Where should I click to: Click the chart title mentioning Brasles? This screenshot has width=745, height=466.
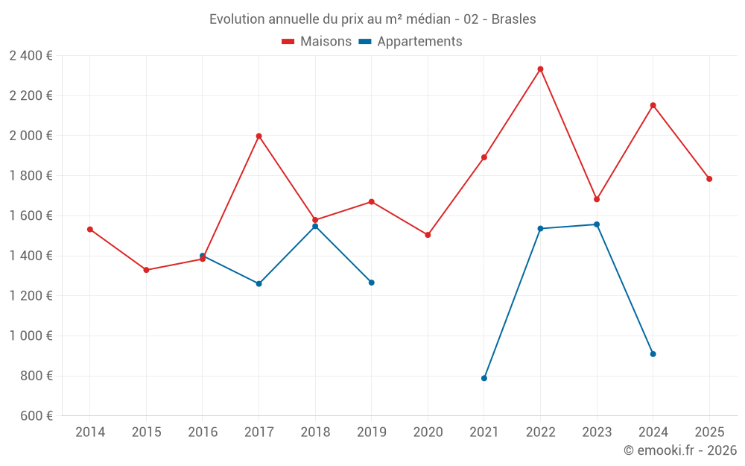point(372,19)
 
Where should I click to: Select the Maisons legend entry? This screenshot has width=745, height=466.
point(317,42)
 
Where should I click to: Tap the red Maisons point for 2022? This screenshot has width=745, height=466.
point(540,69)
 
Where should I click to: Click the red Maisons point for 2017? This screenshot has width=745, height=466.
point(259,136)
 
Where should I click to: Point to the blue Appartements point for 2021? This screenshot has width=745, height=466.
point(484,378)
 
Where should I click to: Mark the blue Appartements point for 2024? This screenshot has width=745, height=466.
point(653,354)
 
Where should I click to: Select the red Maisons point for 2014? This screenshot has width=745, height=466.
point(90,230)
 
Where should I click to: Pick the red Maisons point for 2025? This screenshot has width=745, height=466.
point(709,179)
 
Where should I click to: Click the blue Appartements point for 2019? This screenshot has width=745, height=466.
point(372,283)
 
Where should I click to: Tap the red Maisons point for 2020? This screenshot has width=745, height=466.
point(428,235)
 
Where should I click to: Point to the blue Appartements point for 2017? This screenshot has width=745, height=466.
point(259,284)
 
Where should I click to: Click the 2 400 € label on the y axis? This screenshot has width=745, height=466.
point(31,56)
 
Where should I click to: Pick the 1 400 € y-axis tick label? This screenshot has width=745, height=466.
point(31,256)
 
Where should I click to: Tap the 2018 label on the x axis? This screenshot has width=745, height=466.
point(315,432)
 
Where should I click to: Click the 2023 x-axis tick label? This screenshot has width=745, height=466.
point(597,432)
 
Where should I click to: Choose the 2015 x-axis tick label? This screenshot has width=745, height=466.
point(146,432)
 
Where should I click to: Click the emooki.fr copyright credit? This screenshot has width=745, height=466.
point(679,450)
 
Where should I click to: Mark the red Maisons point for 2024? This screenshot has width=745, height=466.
point(653,106)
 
